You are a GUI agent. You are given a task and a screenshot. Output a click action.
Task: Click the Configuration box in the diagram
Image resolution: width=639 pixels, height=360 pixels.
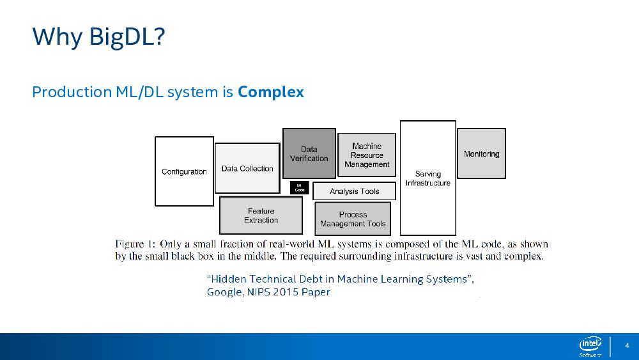184,171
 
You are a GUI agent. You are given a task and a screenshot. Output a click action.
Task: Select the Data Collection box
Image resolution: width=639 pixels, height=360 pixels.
247,168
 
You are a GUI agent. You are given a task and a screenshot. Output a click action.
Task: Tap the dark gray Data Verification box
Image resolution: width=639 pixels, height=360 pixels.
309,153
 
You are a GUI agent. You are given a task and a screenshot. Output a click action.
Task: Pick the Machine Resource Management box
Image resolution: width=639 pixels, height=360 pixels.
367,155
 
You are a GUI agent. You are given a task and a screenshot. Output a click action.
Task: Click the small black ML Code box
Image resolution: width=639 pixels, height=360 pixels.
299,188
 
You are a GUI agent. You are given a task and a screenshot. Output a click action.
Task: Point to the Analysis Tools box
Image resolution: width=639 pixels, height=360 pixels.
354,191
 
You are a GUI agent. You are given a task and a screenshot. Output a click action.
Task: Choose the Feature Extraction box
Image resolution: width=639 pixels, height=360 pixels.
261,215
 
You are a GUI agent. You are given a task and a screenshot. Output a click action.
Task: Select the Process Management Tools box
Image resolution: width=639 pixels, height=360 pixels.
353,219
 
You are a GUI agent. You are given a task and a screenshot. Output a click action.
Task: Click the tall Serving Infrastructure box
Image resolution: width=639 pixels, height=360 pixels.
427,178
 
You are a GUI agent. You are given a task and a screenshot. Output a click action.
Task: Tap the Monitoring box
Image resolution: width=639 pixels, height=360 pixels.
481,153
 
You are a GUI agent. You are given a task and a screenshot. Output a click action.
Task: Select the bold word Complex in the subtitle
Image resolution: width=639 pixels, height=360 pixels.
271,92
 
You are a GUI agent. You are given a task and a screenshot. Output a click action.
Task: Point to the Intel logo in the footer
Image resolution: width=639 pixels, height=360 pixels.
590,346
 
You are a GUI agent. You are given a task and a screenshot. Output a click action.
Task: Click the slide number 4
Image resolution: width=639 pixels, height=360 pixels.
627,345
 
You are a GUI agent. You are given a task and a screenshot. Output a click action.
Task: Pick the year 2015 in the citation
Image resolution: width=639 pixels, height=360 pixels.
284,292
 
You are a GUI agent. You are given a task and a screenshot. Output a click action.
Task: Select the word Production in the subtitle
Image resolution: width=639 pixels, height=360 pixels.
72,92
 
